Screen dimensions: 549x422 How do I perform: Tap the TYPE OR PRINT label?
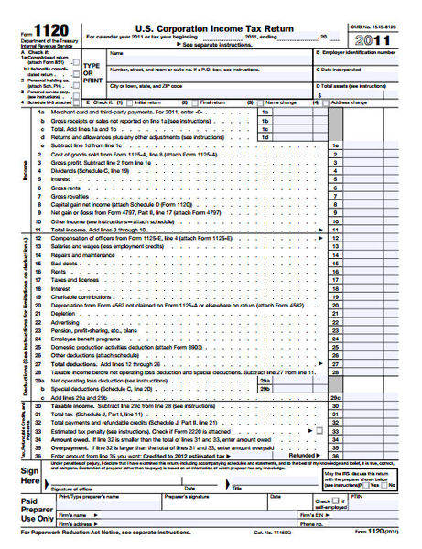pos(91,73)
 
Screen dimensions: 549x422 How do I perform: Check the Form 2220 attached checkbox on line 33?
pos(319,430)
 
